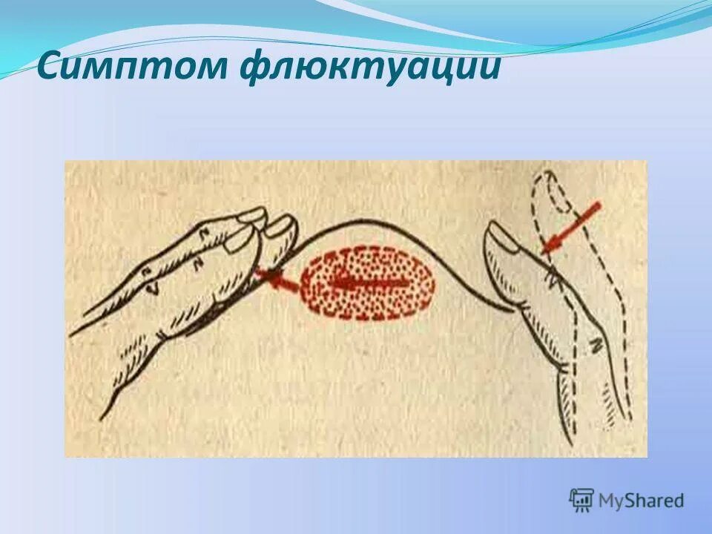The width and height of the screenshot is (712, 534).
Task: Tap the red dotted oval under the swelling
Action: pos(368,282)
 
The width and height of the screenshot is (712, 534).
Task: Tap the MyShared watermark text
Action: pos(641,501)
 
